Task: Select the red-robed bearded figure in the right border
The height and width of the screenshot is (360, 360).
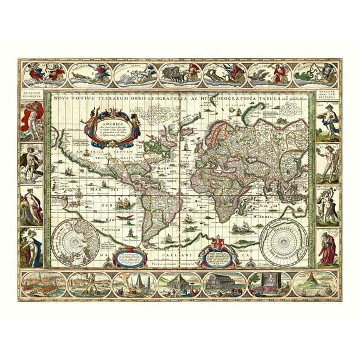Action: coord(328,247)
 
